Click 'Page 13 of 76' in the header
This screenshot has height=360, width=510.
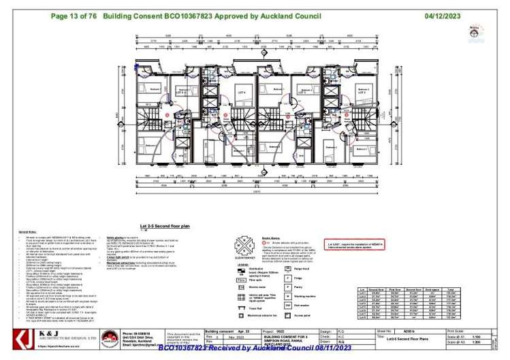click(74, 14)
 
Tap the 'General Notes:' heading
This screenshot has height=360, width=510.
click(20, 232)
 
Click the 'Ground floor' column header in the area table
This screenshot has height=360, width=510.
click(392, 290)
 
